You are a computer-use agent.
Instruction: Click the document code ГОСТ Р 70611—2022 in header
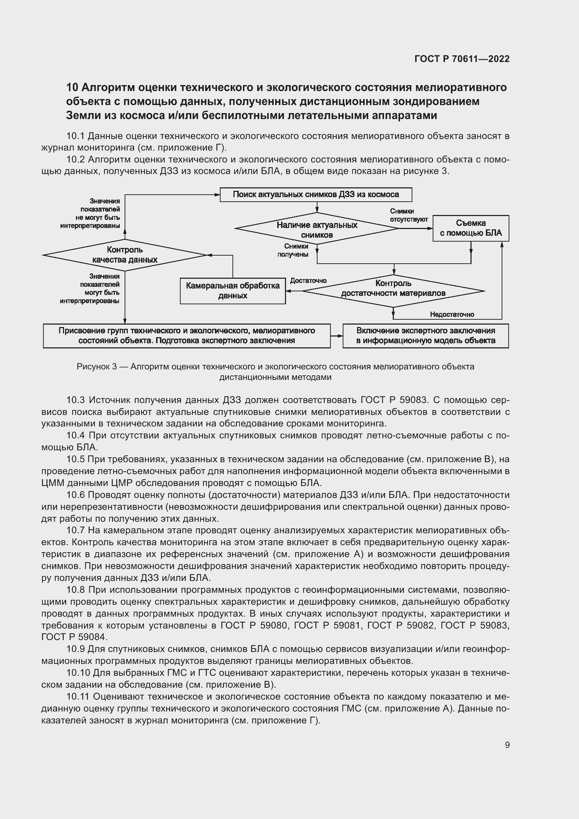462,59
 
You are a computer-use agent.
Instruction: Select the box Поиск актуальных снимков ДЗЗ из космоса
315,195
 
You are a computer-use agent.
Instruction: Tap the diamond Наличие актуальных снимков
316,229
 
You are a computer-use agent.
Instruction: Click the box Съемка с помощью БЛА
470,228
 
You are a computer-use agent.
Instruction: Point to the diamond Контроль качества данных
125,255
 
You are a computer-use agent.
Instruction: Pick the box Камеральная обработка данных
232,291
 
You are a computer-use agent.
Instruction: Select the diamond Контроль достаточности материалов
393,291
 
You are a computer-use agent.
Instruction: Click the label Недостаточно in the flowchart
452,314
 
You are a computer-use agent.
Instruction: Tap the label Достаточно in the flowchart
308,281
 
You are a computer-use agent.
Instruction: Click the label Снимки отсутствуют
409,215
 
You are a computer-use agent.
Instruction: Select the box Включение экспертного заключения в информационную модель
425,336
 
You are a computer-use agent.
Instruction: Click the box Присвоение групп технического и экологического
187,336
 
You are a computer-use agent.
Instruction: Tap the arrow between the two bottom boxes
336,336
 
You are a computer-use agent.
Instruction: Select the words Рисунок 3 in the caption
97,367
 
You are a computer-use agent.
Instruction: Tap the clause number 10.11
78,697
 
